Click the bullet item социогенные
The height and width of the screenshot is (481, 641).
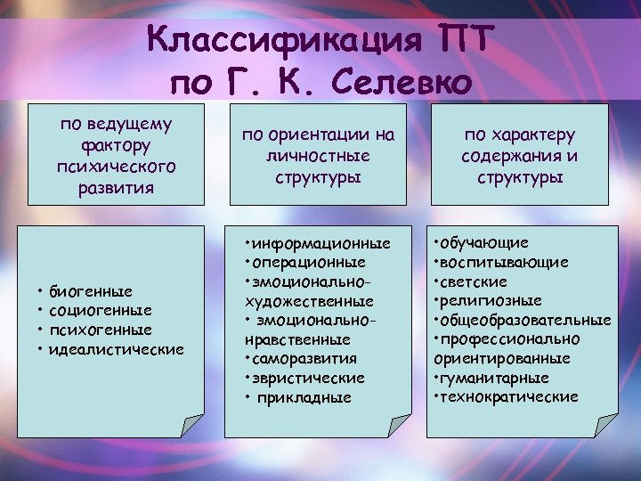101,310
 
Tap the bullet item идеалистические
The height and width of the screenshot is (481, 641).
117,348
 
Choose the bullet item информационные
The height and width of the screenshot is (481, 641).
321,243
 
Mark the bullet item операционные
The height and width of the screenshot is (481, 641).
309,263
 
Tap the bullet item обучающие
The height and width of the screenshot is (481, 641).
485,242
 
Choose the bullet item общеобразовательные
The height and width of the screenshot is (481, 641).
525,320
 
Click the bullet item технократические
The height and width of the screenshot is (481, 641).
508,396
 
